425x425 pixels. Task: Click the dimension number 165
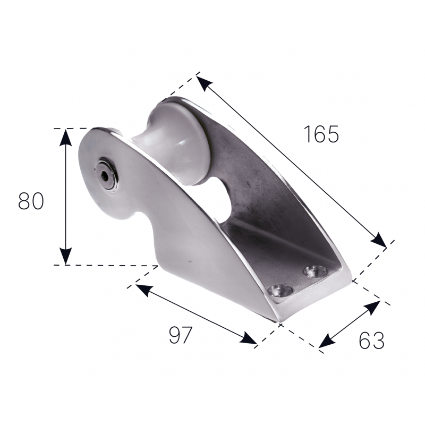(x=321, y=134)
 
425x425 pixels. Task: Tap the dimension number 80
(x=31, y=201)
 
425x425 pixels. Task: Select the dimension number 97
(x=181, y=335)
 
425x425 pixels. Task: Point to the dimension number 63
(x=371, y=340)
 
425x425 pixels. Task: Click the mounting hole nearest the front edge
(x=280, y=291)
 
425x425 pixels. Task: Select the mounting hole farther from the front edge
(x=316, y=271)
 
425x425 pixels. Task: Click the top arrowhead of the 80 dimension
(x=65, y=138)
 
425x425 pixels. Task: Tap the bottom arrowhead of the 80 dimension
(x=65, y=256)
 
